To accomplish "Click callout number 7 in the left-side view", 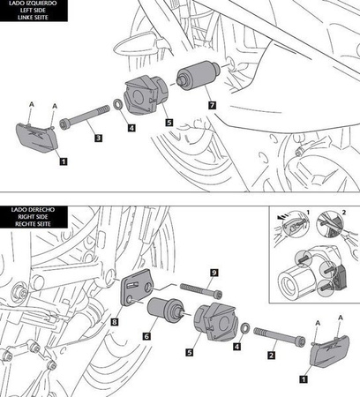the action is [212, 105].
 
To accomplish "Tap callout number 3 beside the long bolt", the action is [98, 138].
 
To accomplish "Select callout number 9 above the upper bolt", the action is [214, 273].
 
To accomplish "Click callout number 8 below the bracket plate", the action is [115, 322].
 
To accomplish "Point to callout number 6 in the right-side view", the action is [146, 336].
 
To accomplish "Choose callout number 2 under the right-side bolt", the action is [271, 356].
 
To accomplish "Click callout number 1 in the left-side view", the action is [64, 161].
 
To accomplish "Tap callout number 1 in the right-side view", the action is [304, 378].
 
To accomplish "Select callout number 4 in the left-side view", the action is [131, 128].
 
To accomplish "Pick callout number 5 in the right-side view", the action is [190, 352].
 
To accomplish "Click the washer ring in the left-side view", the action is [118, 103].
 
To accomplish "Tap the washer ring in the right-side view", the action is [245, 327].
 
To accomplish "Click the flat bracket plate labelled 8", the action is [137, 288].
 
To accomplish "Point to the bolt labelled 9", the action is [201, 290].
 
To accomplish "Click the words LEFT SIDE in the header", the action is [34, 11].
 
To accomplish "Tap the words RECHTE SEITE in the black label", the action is [34, 224].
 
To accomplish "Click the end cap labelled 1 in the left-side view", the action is [37, 138].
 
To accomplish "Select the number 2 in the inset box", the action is [344, 212].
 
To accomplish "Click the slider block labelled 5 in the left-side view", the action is [146, 94].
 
